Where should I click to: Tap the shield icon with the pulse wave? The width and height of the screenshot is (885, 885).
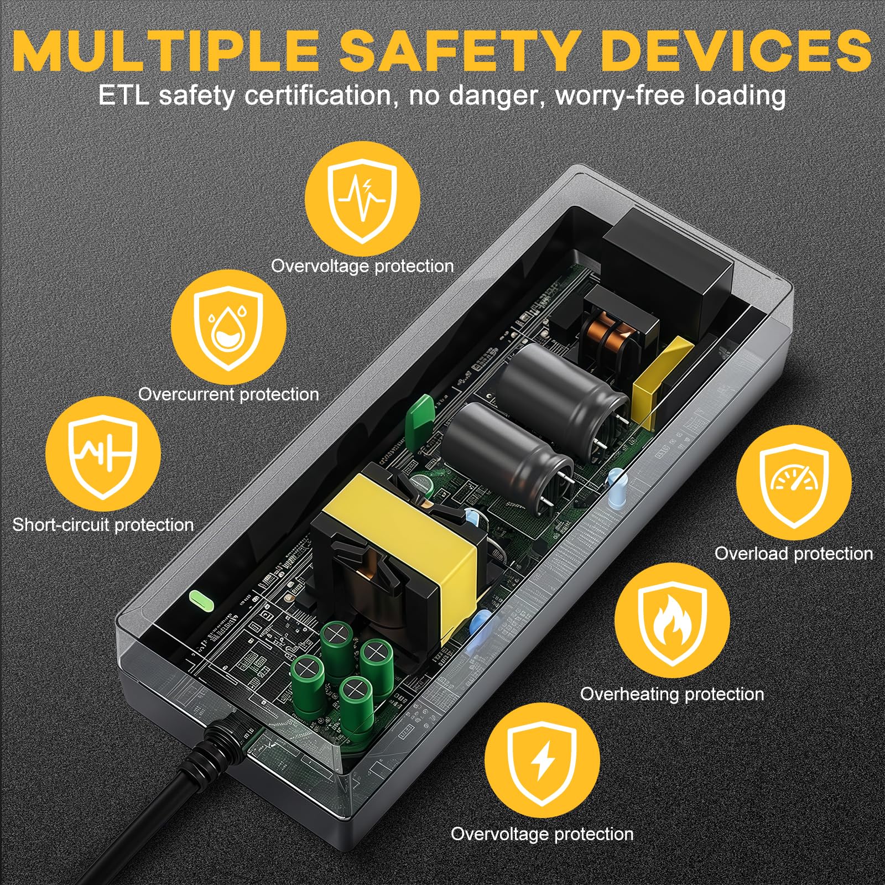pyautogui.click(x=362, y=199)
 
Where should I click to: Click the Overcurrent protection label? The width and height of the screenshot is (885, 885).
pyautogui.click(x=228, y=394)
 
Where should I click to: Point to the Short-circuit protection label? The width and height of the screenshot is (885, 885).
pyautogui.click(x=103, y=524)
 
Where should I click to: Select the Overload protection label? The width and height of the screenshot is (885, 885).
pyautogui.click(x=794, y=553)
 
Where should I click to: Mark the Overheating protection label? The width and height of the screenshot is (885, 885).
pyautogui.click(x=672, y=694)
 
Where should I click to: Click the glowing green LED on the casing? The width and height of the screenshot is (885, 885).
pyautogui.click(x=201, y=600)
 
